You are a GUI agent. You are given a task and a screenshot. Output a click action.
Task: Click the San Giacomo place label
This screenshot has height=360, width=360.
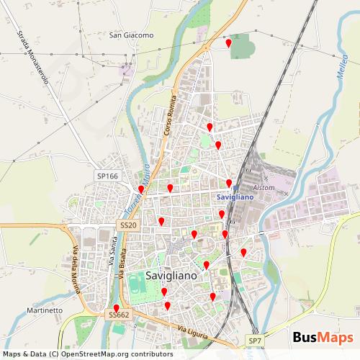(132, 35)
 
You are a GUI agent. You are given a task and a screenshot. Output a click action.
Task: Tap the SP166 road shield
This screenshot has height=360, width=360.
(107, 176)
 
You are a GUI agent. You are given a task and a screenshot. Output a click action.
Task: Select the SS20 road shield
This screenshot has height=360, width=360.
(127, 225)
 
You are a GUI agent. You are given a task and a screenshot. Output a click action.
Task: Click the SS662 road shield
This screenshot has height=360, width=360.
(119, 315)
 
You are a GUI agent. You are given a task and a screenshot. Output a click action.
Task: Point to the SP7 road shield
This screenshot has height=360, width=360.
(255, 340)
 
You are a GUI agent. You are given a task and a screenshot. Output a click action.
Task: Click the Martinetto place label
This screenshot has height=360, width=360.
(45, 310)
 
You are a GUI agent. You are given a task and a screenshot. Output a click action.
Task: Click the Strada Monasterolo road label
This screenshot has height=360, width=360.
(32, 57)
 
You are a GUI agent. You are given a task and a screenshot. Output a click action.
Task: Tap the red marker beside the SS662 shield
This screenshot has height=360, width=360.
(117, 308)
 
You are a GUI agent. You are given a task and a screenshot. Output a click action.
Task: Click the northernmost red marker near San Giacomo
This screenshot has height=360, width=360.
(229, 43)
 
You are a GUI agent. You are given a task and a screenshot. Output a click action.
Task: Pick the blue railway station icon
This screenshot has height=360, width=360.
(235, 187)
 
